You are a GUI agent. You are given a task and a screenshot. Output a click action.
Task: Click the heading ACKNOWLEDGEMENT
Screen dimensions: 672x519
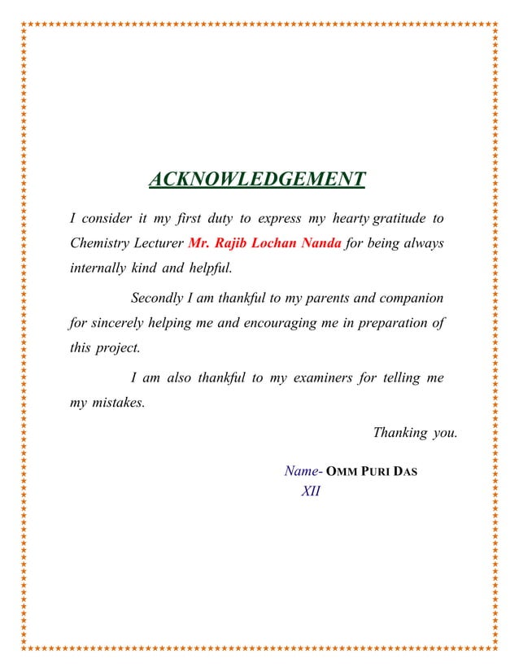257,178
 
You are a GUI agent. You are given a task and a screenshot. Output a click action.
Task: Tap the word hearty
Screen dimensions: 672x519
349,219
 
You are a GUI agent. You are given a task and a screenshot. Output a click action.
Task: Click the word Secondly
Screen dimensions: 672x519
158,298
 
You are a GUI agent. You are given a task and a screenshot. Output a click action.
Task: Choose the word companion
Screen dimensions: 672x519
411,298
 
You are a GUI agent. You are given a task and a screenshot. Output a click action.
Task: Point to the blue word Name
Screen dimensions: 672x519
300,471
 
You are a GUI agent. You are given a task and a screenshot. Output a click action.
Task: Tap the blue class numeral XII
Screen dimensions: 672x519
310,491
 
